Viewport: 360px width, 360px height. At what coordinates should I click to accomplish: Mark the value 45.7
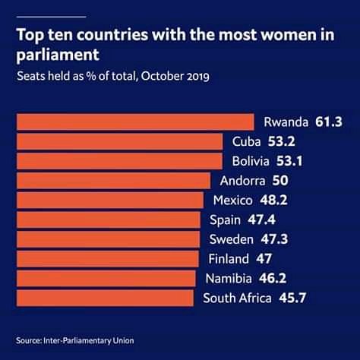point(292,298)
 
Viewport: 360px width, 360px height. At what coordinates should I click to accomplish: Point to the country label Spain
point(225,220)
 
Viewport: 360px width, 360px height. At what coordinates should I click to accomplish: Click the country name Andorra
point(242,181)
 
